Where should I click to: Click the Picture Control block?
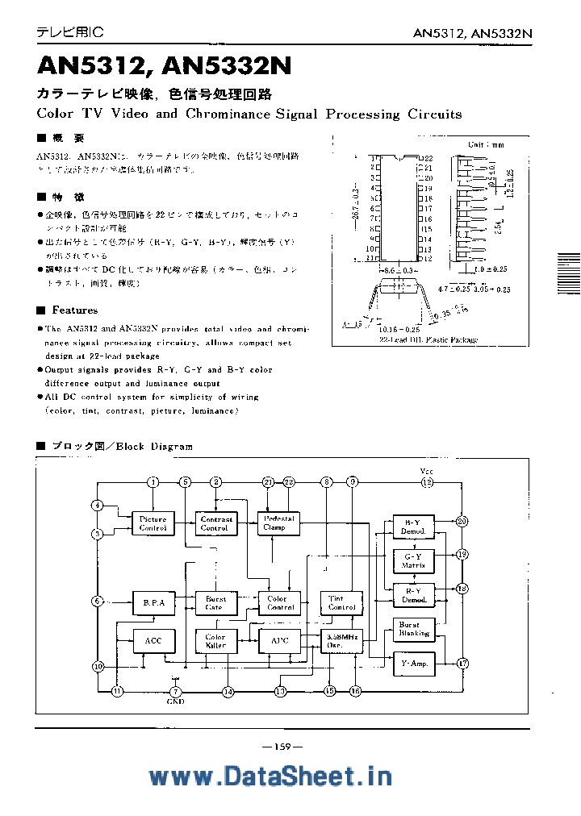pos(153,523)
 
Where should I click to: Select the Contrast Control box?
pos(215,523)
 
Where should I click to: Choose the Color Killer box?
pos(215,641)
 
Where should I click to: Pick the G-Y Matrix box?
pos(413,560)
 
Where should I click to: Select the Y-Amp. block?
pos(413,664)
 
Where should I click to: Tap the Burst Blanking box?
pos(413,629)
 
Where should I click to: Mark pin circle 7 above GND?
pos(177,692)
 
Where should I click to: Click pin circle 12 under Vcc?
pos(427,482)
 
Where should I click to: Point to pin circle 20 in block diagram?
pos(462,521)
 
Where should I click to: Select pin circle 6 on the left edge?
pos(97,602)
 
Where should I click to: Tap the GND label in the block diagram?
pos(176,702)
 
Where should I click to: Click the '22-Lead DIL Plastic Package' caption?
pos(428,339)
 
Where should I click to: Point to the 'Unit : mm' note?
pos(486,144)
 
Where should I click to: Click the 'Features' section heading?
pos(74,310)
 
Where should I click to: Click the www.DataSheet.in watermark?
pos(270,776)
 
